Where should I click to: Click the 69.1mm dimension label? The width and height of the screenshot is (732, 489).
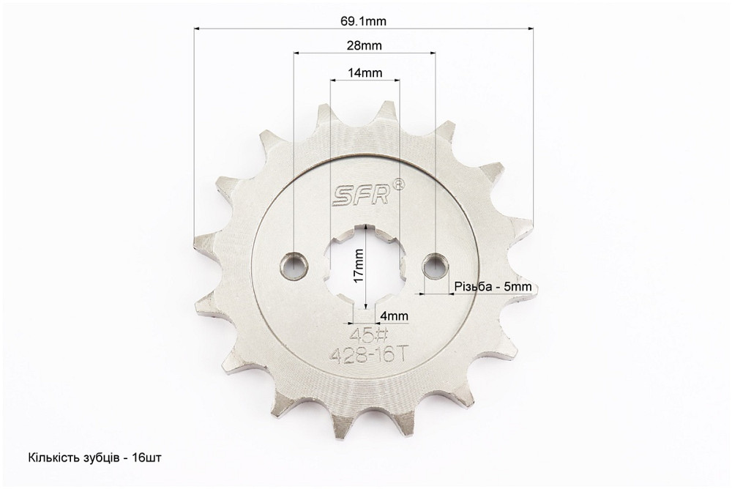[x=364, y=20]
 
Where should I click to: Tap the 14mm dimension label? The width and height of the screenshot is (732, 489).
[x=364, y=72]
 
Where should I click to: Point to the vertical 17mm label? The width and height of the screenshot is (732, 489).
[x=358, y=265]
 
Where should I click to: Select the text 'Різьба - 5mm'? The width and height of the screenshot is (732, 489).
[x=493, y=286]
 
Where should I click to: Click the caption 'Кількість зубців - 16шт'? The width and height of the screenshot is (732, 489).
[x=95, y=458]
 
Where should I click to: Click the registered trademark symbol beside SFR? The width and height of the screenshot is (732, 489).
[x=398, y=184]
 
